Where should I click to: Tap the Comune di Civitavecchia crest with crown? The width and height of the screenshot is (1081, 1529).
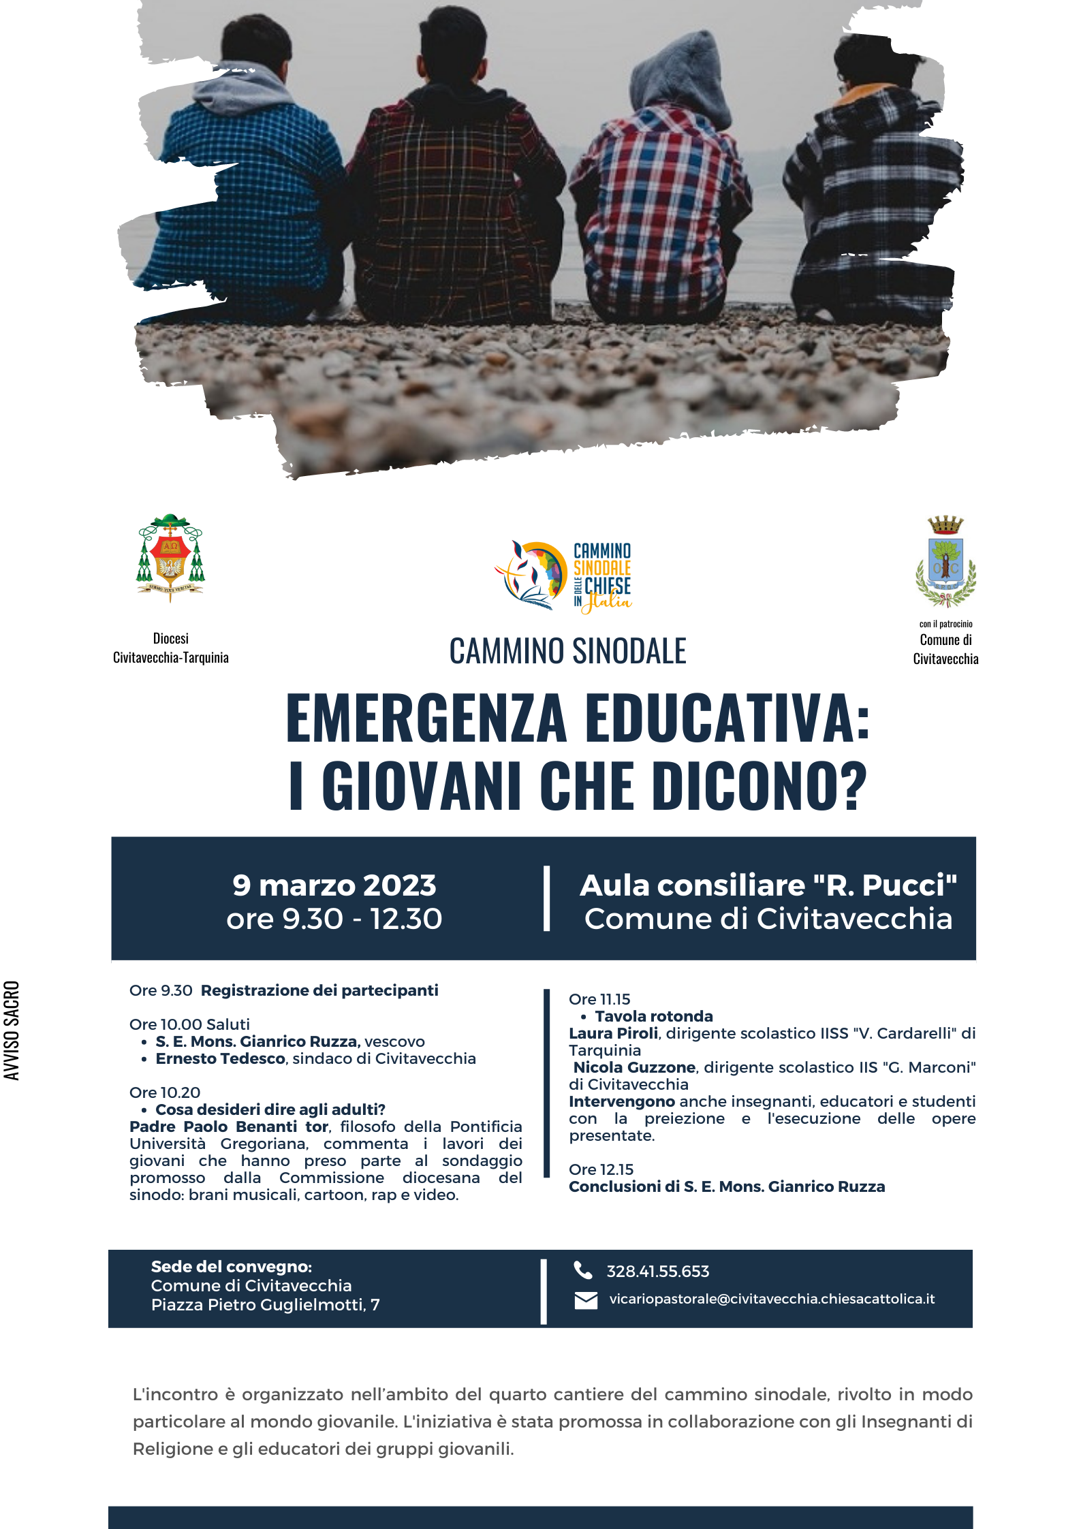(x=945, y=562)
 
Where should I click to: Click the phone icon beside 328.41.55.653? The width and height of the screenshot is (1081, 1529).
(x=583, y=1270)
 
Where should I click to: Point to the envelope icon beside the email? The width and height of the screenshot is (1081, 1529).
(x=585, y=1300)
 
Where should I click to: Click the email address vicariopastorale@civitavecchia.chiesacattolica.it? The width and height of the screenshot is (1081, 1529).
(x=771, y=1299)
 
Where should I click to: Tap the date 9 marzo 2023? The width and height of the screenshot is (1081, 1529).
(x=334, y=885)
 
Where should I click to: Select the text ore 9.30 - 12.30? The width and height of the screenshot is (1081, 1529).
(x=334, y=919)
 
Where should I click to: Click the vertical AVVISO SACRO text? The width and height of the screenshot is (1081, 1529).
(x=12, y=1030)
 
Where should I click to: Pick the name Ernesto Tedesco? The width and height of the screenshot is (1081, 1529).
(x=220, y=1058)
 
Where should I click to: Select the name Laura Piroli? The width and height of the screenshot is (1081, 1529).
(x=613, y=1033)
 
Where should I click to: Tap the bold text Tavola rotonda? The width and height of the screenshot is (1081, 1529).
(x=653, y=1016)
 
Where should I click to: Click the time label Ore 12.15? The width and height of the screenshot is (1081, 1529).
(x=601, y=1169)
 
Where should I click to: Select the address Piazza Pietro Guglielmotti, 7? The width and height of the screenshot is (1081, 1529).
(x=265, y=1305)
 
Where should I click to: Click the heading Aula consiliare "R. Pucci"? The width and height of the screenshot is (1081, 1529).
(x=768, y=885)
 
